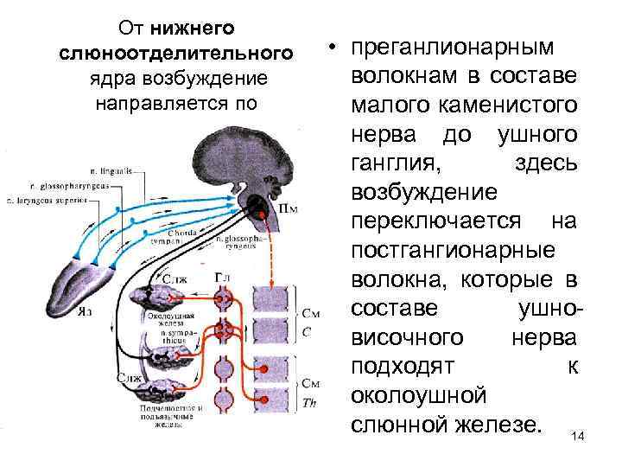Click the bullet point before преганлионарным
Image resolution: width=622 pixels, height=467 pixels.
(x=331, y=45)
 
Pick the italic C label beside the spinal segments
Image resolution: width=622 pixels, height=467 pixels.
(x=307, y=331)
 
